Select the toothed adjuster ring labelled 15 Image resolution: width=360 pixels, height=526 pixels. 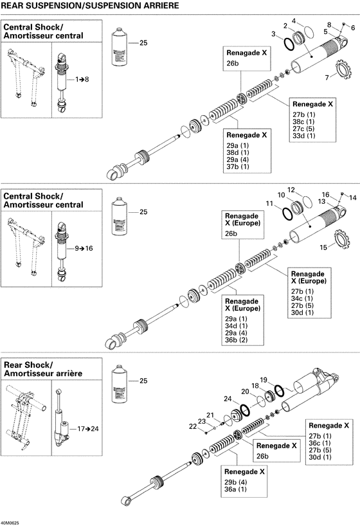pyautogui.click(x=343, y=242)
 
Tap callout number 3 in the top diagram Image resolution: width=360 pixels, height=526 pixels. pyautogui.click(x=274, y=33)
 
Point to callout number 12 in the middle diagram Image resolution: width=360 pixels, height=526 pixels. pyautogui.click(x=291, y=190)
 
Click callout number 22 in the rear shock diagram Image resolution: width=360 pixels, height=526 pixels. pyautogui.click(x=194, y=426)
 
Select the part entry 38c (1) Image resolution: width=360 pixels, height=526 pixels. pyautogui.click(x=303, y=122)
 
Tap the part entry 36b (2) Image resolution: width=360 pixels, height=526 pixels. pyautogui.click(x=235, y=339)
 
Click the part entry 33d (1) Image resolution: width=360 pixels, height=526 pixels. pyautogui.click(x=303, y=136)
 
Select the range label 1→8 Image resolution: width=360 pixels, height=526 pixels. pyautogui.click(x=83, y=79)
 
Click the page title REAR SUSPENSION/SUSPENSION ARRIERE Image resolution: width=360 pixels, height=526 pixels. pyautogui.click(x=89, y=6)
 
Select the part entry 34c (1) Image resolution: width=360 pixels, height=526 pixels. pyautogui.click(x=302, y=298)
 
